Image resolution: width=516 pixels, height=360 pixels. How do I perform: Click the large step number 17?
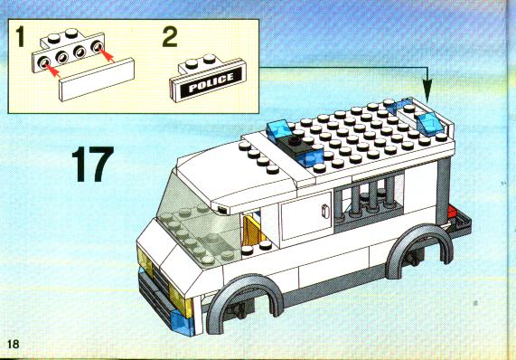[x=92, y=164]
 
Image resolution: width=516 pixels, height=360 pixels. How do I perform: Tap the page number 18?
[x=14, y=345]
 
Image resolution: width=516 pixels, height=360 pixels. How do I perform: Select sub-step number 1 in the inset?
[x=21, y=36]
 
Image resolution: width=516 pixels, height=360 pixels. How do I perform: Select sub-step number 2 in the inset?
[x=170, y=36]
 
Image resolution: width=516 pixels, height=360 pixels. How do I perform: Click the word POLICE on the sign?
[x=211, y=82]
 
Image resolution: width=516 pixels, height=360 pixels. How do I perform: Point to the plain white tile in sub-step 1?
[x=97, y=80]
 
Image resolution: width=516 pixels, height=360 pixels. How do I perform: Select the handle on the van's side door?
[x=325, y=212]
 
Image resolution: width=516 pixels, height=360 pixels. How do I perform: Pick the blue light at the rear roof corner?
[x=429, y=123]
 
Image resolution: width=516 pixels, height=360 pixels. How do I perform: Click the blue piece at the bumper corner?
[x=182, y=323]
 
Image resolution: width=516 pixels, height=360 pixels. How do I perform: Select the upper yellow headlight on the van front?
[x=145, y=261]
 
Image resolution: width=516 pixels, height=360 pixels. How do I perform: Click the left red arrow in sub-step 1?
[x=51, y=70]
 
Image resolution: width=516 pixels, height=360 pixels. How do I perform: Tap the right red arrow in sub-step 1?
[x=106, y=55]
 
